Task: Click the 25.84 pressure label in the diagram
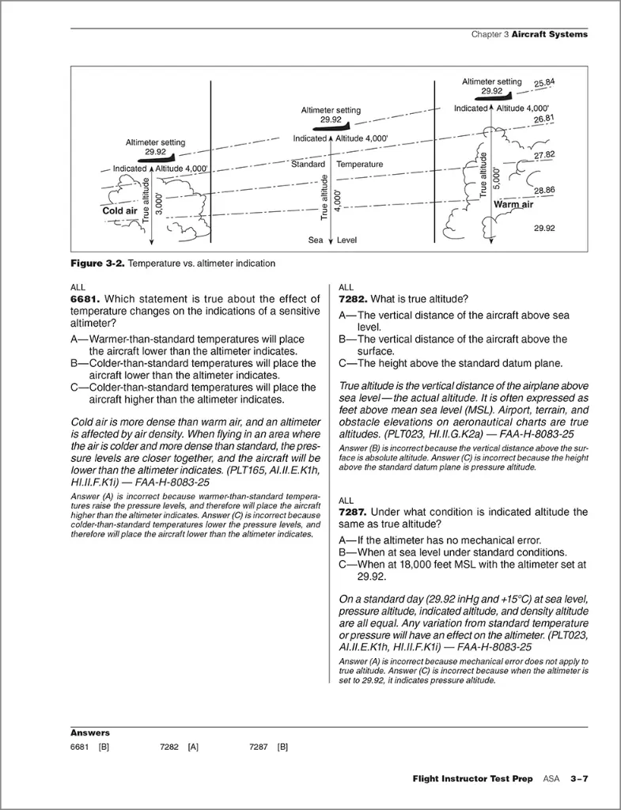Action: (544, 82)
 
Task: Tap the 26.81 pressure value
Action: (544, 119)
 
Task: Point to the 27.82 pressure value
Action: (544, 155)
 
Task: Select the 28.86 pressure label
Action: (544, 190)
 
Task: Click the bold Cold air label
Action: (120, 210)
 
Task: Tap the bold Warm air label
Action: (513, 205)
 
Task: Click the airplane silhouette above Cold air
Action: (160, 157)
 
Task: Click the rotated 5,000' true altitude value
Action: (497, 178)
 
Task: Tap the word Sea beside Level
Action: (316, 240)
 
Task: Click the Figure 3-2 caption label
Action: (97, 263)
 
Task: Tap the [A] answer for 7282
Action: (193, 747)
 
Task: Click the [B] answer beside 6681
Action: (104, 747)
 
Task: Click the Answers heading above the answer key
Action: (90, 732)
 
